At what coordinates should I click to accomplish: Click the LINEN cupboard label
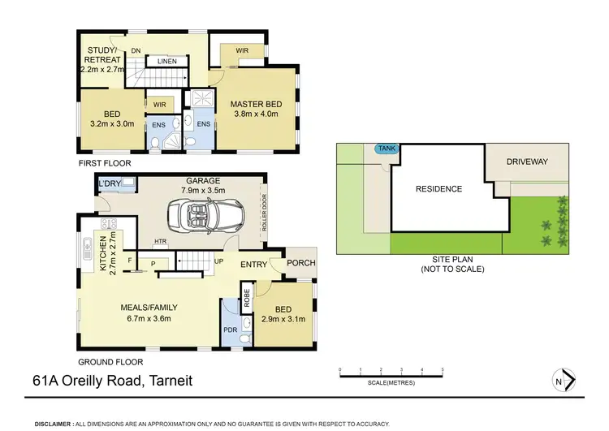pos(167,61)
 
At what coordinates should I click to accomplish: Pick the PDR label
pos(230,330)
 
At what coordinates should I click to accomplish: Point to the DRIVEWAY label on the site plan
pos(527,162)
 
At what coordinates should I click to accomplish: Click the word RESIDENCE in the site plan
pos(438,189)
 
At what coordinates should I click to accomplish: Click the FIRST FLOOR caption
pos(104,163)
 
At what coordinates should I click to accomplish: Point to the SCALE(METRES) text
pos(391,382)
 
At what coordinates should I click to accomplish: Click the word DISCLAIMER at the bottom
pos(53,424)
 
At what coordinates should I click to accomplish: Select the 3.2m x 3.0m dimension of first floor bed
pos(110,126)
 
